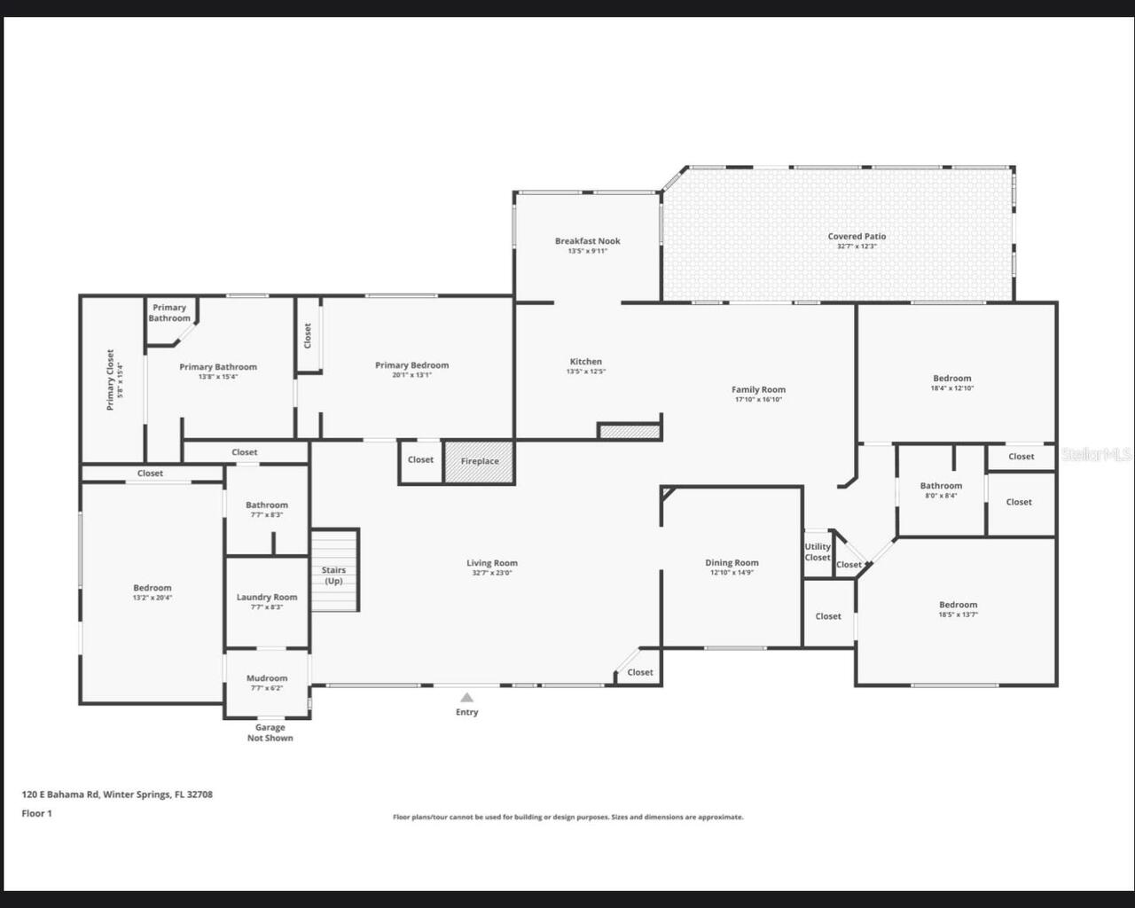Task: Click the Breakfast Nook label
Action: tap(587, 241)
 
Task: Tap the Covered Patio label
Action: tap(857, 237)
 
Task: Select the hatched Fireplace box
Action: tap(479, 462)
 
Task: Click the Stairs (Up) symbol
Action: tap(334, 570)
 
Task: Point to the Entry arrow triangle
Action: tap(466, 697)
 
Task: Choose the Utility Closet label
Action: tap(818, 552)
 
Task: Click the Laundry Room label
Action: tap(267, 598)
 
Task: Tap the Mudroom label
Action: tap(267, 678)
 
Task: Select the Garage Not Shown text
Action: tap(270, 732)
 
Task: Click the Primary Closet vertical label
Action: tap(111, 380)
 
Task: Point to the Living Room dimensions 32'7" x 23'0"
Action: tap(491, 573)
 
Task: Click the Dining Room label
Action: tap(732, 563)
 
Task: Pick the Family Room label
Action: tap(758, 390)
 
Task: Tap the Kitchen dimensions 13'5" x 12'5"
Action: tap(585, 372)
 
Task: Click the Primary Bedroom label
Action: tap(411, 365)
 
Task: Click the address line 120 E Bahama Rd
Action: tap(117, 794)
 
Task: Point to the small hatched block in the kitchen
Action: tap(630, 432)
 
